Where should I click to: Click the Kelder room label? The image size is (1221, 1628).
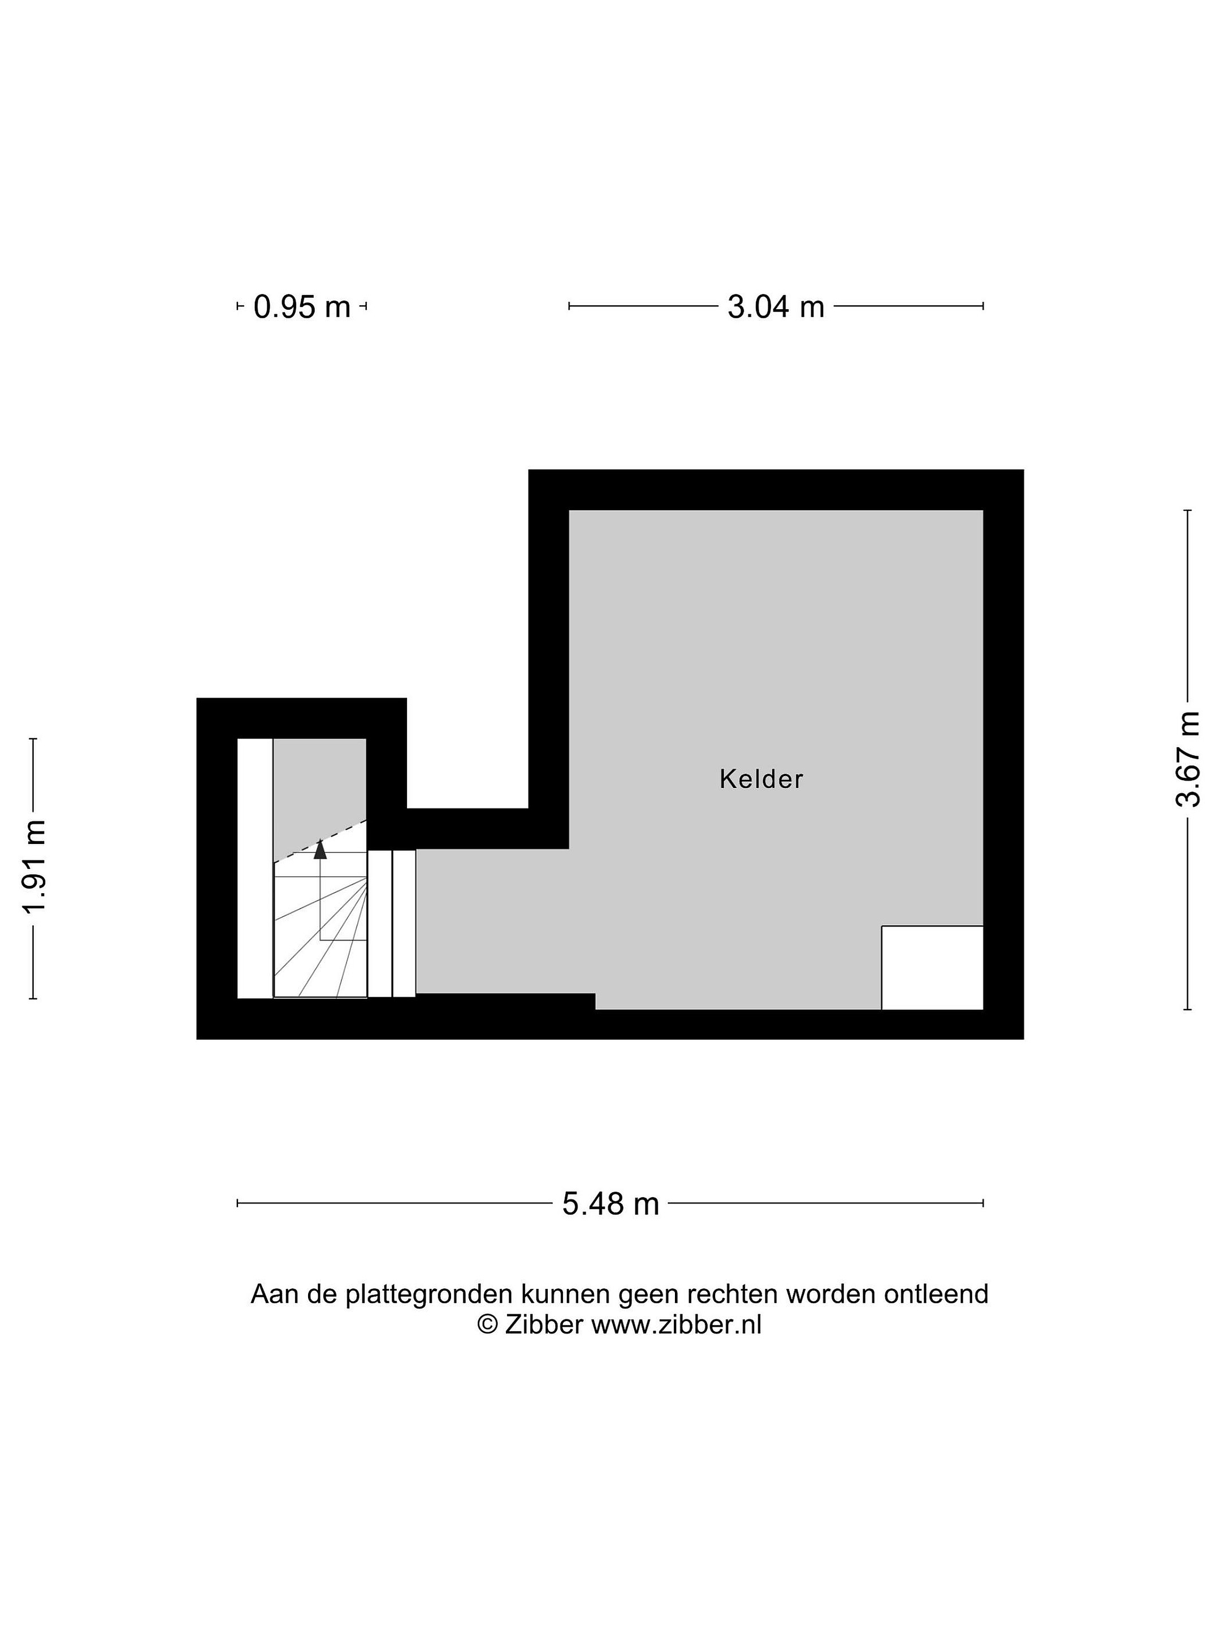[760, 780]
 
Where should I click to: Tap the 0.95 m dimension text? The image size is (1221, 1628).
[302, 306]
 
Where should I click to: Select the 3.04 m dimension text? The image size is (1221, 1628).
[776, 306]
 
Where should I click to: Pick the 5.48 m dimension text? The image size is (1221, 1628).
[610, 1204]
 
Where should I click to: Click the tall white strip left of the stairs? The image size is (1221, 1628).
[254, 868]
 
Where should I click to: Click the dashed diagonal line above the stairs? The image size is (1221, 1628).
[320, 841]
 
